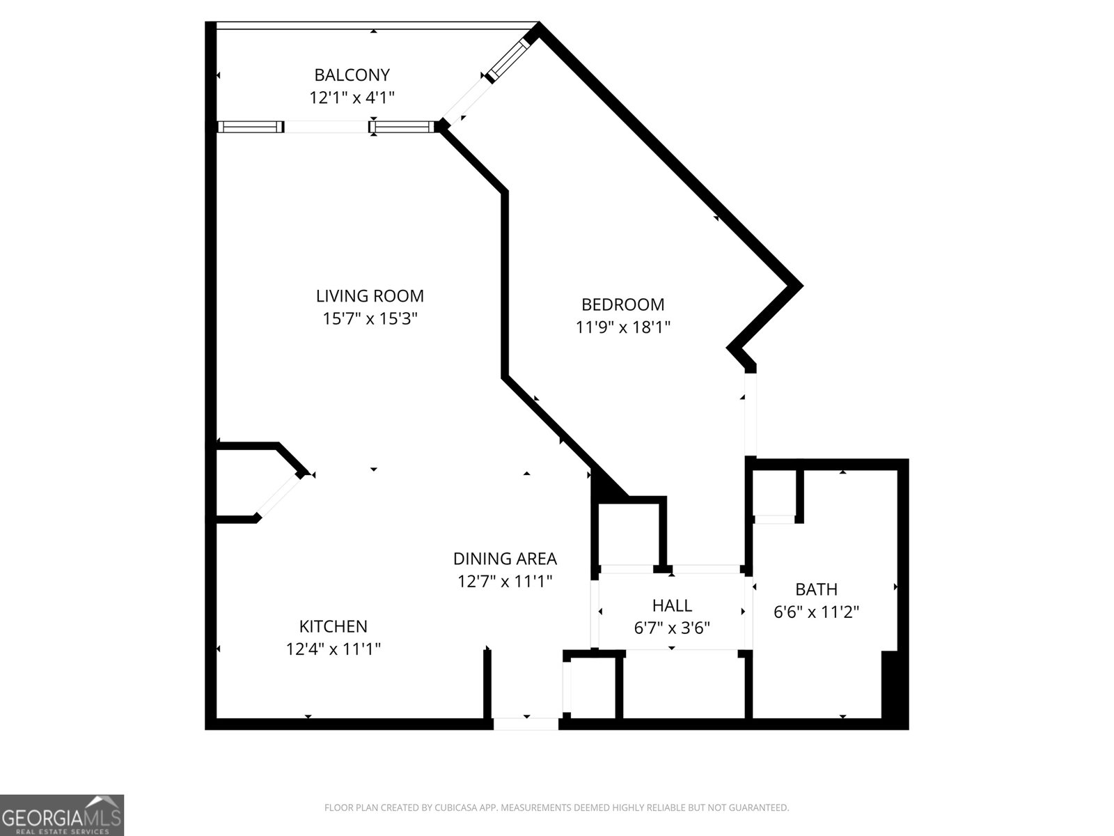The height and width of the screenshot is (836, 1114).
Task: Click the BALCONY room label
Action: [352, 75]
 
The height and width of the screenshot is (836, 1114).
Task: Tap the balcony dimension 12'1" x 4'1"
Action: [352, 97]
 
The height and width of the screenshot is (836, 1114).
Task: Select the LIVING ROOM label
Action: [370, 296]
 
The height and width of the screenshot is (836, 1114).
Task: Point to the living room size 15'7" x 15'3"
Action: [370, 319]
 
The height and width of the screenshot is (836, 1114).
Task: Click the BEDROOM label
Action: [622, 304]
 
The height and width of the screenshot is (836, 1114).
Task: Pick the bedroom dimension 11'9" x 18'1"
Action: [622, 327]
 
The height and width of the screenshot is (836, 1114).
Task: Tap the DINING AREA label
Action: [505, 559]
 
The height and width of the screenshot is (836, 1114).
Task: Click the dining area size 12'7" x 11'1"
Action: [505, 581]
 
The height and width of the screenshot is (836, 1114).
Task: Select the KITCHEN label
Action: [333, 626]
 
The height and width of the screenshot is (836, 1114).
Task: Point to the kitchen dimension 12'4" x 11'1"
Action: [333, 649]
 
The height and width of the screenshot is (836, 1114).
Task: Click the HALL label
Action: [672, 605]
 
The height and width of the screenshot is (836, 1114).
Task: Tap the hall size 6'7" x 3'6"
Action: [672, 628]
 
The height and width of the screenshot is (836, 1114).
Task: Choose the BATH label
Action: [816, 589]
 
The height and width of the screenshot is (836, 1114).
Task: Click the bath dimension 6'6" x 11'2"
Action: [816, 612]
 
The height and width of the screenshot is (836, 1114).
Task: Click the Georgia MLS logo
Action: [62, 814]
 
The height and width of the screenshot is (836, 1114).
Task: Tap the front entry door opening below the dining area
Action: [526, 724]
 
